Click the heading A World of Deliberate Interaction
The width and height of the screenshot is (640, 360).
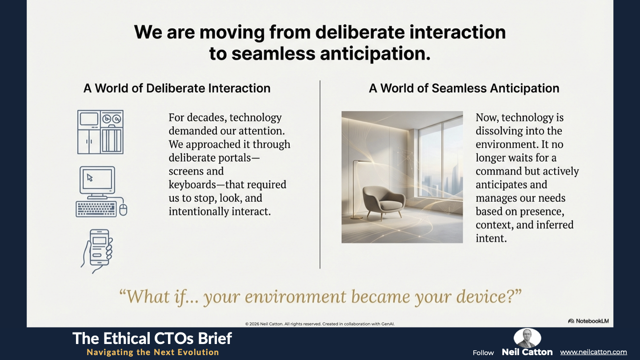point(177,88)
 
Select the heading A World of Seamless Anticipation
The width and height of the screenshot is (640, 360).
point(464,88)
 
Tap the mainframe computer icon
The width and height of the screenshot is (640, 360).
point(100,132)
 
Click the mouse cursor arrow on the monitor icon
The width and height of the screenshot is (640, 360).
point(90,178)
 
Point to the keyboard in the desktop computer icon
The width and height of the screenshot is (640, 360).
point(96,209)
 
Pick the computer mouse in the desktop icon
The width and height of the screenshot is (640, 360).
point(123,210)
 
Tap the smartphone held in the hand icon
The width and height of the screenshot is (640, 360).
point(99,248)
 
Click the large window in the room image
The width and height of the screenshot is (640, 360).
point(440,160)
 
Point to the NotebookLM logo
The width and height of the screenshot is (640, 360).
point(588,321)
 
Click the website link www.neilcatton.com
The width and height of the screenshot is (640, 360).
point(593,352)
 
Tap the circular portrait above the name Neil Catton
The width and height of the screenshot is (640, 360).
point(527,338)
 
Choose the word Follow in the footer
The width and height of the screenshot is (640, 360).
point(483,353)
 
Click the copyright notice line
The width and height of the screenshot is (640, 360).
point(320,324)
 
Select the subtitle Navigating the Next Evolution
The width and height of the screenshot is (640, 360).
point(153,352)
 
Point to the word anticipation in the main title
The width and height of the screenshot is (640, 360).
point(375,54)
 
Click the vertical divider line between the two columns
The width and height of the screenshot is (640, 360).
point(320,174)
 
